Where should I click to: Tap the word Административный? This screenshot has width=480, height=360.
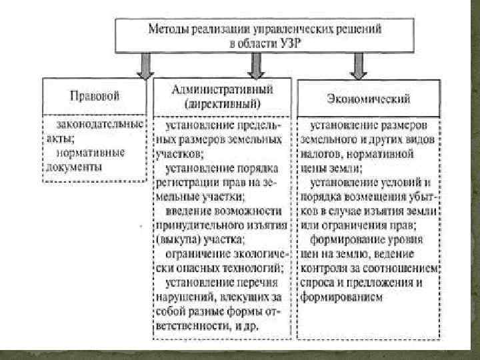coord(222,90)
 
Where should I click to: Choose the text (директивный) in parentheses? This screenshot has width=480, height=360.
coord(222,105)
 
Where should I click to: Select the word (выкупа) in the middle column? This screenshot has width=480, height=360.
coord(175,237)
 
